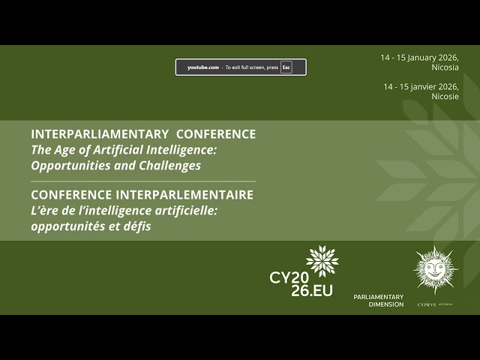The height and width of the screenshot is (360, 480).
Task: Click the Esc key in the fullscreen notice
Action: (x=286, y=67)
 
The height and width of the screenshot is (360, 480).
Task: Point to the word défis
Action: (x=136, y=226)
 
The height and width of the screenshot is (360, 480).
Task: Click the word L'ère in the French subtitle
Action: (x=45, y=211)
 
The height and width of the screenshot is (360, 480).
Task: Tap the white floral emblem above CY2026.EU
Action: (x=322, y=261)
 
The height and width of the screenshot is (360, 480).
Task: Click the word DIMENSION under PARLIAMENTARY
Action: (x=386, y=304)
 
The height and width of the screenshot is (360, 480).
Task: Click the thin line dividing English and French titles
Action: (x=142, y=181)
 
